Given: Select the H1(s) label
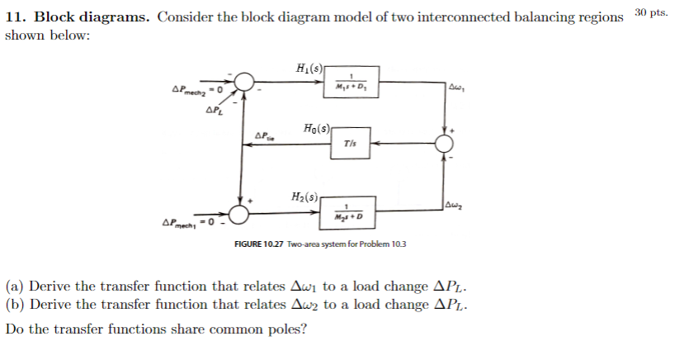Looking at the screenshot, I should (x=309, y=68).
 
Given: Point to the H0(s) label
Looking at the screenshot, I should (x=316, y=129).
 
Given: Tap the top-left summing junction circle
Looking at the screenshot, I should (x=243, y=82).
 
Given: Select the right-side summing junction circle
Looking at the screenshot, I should (x=446, y=144).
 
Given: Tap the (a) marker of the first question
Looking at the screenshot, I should (x=15, y=287).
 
